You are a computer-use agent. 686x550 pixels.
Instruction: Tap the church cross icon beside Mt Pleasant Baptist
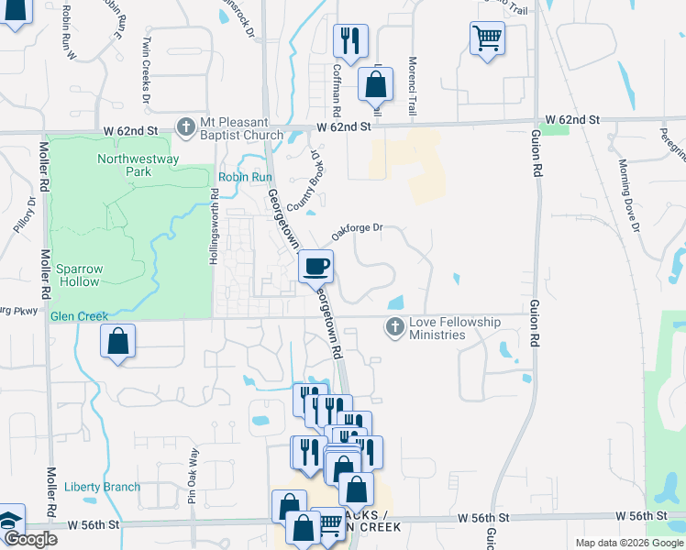pyautogui.click(x=186, y=126)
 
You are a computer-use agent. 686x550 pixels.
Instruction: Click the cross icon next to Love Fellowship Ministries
pyautogui.click(x=395, y=327)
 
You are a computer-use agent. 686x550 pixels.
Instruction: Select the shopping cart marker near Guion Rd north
pyautogui.click(x=486, y=38)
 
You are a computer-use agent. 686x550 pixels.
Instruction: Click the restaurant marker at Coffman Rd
pyautogui.click(x=349, y=40)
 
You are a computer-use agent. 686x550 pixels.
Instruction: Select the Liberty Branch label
pyautogui.click(x=103, y=487)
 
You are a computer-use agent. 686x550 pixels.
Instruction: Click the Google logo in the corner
pyautogui.click(x=30, y=539)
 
